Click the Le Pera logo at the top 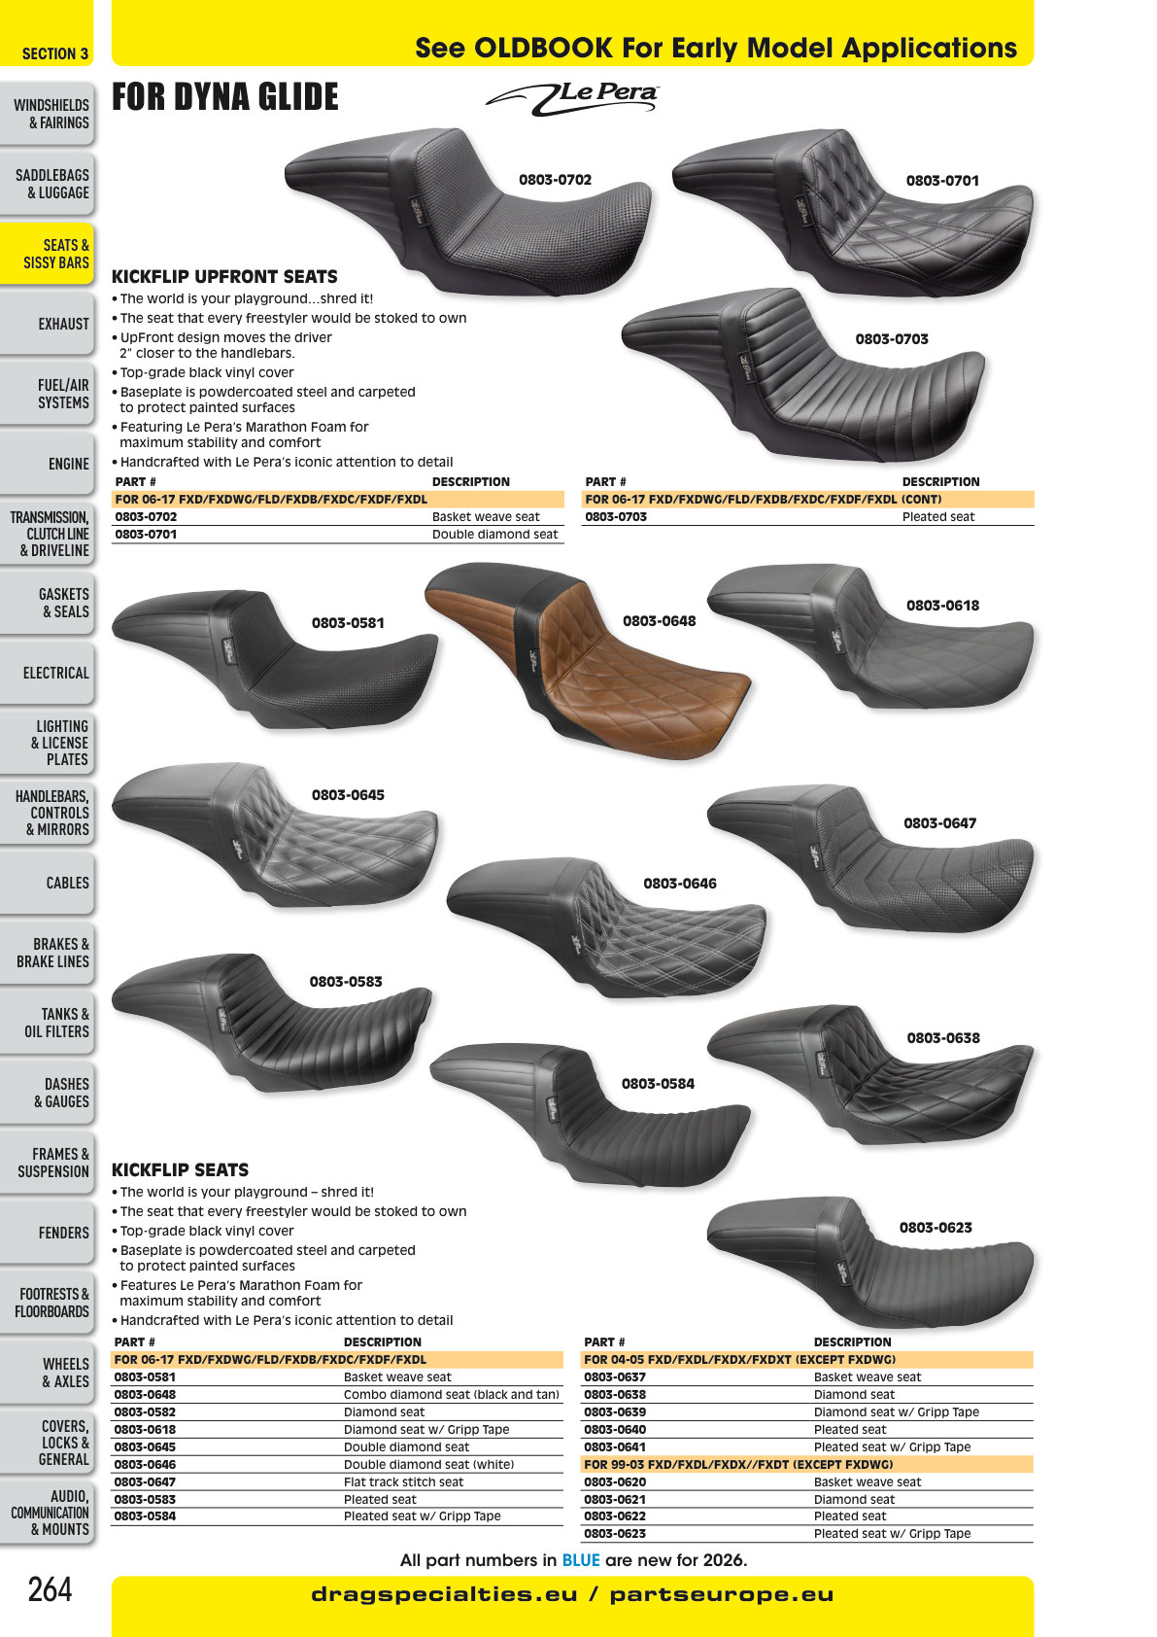(572, 98)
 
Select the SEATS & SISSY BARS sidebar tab (47, 254)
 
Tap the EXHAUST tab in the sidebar (47, 324)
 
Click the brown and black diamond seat (588, 658)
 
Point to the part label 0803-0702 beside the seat (555, 180)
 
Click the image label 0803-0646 (679, 884)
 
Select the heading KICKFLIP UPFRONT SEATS (224, 276)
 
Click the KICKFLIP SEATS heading (180, 1170)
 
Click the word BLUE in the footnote (581, 1560)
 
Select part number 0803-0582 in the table (145, 1411)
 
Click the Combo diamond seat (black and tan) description (452, 1394)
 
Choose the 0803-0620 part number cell (615, 1482)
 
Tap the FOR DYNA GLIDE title (225, 97)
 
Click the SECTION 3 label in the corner (54, 54)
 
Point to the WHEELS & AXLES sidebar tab (47, 1373)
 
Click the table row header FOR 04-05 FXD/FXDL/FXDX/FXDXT (739, 1359)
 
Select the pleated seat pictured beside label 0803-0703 (802, 374)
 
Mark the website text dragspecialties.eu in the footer (444, 1594)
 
